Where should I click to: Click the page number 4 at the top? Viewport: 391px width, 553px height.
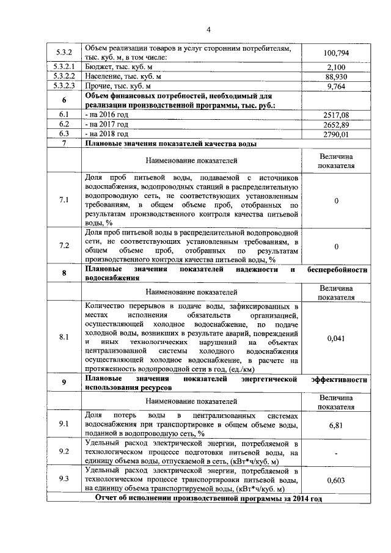pos(208,29)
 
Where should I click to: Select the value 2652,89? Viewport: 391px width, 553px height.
pos(337,124)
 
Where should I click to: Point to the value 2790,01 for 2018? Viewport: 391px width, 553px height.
pos(337,134)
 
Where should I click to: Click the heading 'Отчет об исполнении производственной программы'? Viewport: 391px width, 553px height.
pos(208,499)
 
